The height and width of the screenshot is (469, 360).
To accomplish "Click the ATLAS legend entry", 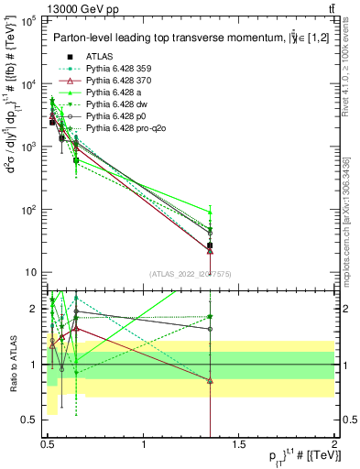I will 101,57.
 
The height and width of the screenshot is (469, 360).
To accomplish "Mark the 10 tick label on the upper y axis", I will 30,272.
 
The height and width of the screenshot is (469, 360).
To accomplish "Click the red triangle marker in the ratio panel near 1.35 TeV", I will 211,380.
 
